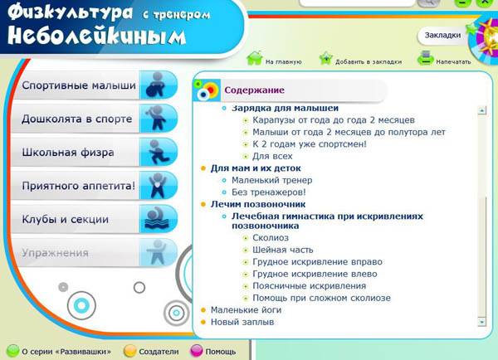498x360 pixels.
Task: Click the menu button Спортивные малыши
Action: pos(94,85)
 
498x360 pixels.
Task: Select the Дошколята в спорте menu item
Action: pos(94,119)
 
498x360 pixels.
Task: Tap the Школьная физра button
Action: pos(94,153)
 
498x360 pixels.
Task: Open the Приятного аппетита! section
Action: pos(94,186)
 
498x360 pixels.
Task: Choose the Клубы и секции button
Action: pos(94,219)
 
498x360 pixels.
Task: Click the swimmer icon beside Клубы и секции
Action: pos(159,219)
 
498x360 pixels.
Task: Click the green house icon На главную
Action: pos(255,58)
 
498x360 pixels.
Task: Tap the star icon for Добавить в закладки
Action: pos(326,58)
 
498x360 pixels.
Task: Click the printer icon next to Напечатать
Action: pos(426,58)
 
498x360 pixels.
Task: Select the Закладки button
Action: pos(442,35)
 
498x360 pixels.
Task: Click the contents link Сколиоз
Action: pos(271,238)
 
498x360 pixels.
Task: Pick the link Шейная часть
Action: pos(283,250)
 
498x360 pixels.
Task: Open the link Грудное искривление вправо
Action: pos(317,262)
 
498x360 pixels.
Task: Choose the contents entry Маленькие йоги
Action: pos(247,310)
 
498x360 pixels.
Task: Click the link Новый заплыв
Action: pos(242,322)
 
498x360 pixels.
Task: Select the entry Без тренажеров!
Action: pos(269,192)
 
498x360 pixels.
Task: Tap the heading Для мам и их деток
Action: pos(256,168)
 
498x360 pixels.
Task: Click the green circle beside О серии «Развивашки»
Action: pos(13,351)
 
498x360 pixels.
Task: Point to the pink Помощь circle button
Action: pos(196,351)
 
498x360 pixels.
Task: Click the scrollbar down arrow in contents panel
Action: pos(481,322)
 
